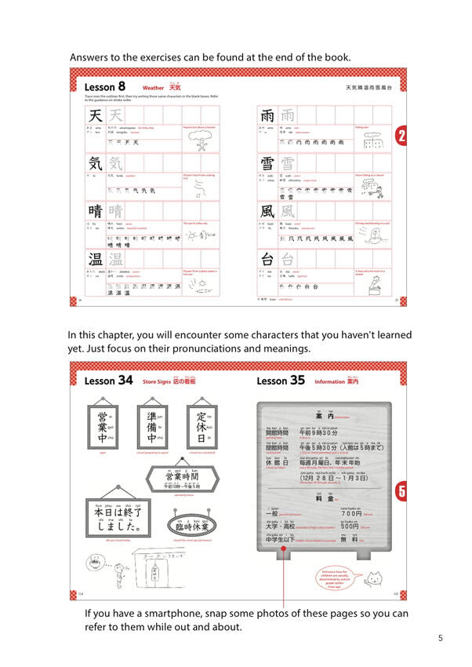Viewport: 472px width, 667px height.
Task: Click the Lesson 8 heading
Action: (103, 86)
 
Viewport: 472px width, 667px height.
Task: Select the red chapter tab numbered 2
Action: (401, 137)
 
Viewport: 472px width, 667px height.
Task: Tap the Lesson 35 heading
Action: (281, 381)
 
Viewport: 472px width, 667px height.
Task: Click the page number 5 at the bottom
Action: (440, 638)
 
